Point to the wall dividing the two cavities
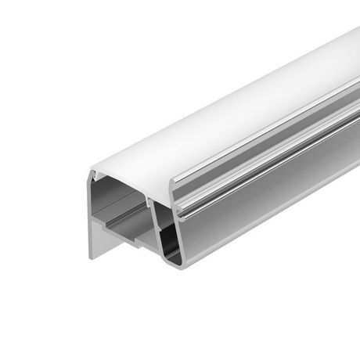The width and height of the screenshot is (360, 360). pyautogui.click(x=153, y=223)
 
